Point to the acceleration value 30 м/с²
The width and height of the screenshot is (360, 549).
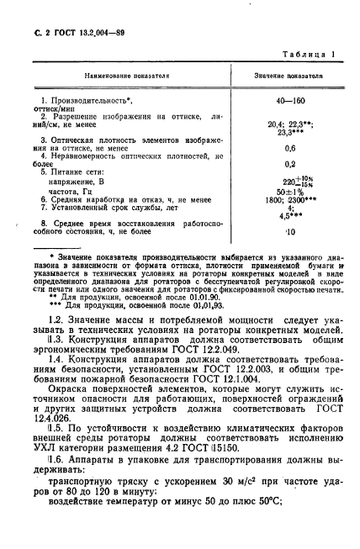coord(227,510)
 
